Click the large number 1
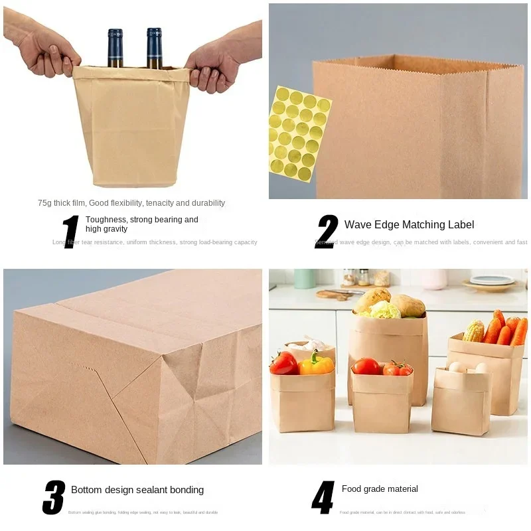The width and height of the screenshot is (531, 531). point(71,232)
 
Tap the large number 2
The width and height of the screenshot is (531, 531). point(327,232)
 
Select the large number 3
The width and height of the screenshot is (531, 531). point(54,497)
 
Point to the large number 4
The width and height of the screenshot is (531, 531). point(323,497)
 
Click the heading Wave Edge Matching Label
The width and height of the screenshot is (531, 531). point(409,224)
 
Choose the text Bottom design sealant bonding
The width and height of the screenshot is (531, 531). point(137,490)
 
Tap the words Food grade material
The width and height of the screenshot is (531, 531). point(380,489)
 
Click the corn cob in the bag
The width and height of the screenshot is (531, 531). point(474,331)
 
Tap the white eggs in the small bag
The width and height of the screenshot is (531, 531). point(466,367)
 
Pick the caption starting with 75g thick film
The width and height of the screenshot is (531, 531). point(131,203)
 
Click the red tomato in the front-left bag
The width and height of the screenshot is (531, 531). point(284,364)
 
